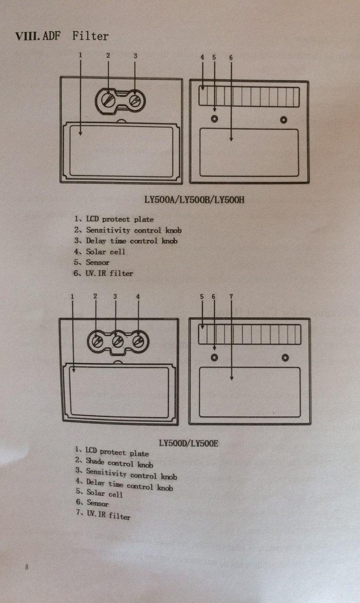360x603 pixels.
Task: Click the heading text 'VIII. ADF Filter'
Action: coord(62,37)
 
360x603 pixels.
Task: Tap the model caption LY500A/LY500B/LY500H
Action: coord(194,200)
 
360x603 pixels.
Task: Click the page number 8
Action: coord(27,567)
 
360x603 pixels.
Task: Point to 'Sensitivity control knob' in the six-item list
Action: coord(128,230)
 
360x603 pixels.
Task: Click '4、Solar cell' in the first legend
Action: coord(99,252)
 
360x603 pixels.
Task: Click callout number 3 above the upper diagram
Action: coord(135,55)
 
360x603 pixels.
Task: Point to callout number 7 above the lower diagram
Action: coord(231,296)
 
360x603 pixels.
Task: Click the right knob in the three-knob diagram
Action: coord(138,341)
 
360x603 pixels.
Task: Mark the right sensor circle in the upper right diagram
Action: coord(283,119)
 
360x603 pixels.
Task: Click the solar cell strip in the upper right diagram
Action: coord(249,97)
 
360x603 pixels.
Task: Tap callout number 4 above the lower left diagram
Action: coord(138,296)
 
